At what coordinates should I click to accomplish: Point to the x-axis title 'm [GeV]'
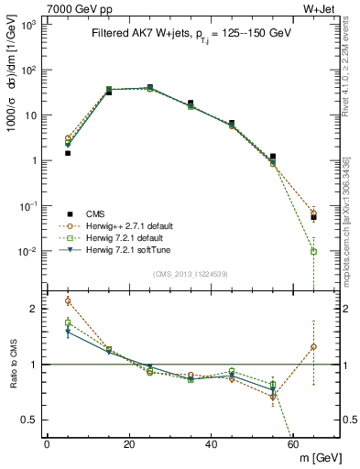point(318,458)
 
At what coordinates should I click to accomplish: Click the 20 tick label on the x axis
point(128,444)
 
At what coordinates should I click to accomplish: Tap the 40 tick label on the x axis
point(211,444)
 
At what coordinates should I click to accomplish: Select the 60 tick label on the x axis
point(293,444)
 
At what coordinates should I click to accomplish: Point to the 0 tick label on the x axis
point(47,444)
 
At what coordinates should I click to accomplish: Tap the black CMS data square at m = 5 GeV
point(68,153)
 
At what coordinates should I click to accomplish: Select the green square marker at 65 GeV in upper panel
point(314,251)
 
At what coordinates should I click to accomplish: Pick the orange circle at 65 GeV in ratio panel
point(314,346)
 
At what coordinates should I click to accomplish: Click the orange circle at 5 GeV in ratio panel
point(68,300)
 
